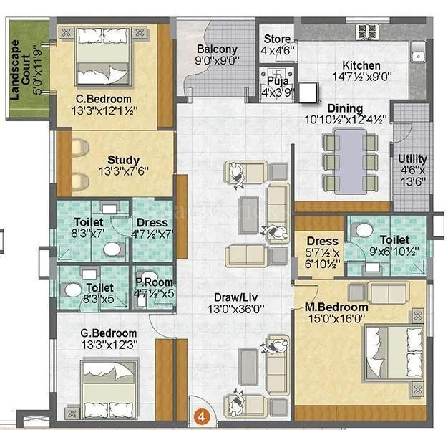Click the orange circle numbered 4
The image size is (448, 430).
click(x=202, y=415)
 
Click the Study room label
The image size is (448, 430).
click(x=123, y=159)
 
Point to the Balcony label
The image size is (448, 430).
click(x=216, y=49)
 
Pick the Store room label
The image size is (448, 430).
click(x=276, y=39)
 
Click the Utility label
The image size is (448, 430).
click(x=412, y=159)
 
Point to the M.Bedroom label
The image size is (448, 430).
click(x=336, y=307)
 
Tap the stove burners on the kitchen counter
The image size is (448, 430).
click(x=366, y=32)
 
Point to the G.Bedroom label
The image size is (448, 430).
click(x=109, y=333)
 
